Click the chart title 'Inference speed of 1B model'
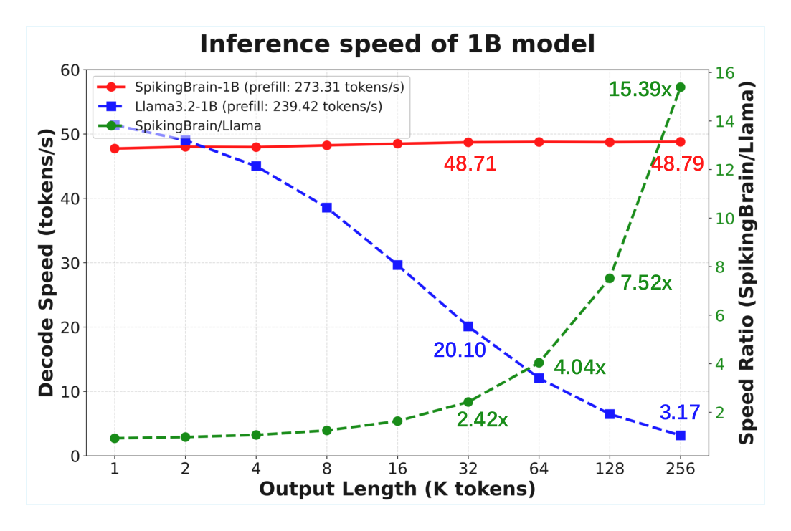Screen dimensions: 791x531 (397, 44)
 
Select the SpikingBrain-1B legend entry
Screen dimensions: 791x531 (251, 87)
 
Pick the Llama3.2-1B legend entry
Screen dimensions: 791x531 (240, 106)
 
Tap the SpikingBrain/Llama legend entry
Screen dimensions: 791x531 (179, 125)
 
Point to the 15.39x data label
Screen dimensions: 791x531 (640, 90)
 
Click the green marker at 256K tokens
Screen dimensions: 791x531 (680, 87)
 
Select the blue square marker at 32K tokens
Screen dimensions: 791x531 (468, 327)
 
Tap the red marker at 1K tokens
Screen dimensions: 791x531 (115, 149)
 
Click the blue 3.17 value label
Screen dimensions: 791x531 (680, 413)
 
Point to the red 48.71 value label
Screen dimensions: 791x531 (470, 164)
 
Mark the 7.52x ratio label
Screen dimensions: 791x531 (646, 283)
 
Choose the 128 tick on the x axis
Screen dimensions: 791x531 (610, 469)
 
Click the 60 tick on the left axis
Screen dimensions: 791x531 (70, 70)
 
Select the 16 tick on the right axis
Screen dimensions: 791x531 (725, 73)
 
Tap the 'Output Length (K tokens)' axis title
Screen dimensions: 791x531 (397, 489)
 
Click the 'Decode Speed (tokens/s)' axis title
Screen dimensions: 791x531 (46, 263)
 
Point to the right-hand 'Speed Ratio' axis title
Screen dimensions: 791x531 (747, 263)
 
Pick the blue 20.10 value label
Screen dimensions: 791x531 (460, 350)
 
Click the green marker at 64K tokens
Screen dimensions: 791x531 (539, 363)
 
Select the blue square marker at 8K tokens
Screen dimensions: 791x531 (327, 208)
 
